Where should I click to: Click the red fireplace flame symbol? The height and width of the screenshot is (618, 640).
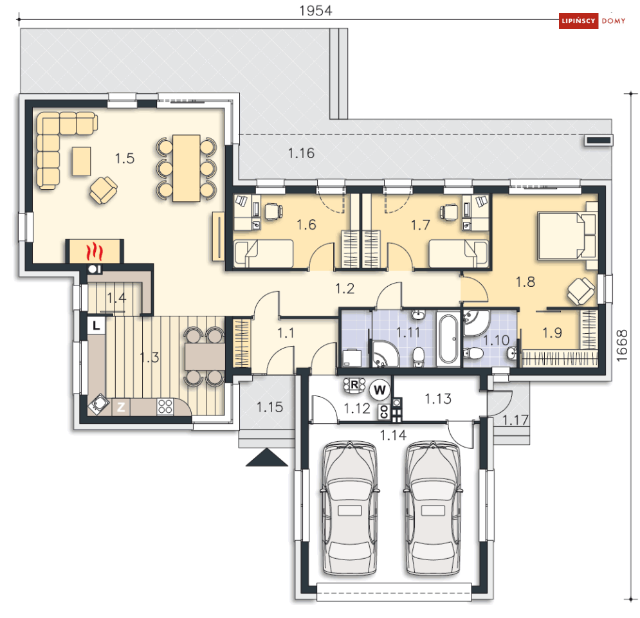(95, 251)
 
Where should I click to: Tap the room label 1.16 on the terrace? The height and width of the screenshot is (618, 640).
(301, 154)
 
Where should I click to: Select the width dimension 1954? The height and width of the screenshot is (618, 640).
(316, 11)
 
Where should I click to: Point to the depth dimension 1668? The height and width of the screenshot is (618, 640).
(621, 345)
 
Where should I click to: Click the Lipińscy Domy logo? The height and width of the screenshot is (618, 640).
(592, 21)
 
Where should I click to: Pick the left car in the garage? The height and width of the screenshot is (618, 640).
(350, 509)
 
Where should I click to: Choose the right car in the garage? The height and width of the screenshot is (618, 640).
(433, 509)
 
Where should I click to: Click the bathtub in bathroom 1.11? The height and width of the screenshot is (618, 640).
(448, 339)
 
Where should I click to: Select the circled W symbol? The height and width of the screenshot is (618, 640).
(379, 390)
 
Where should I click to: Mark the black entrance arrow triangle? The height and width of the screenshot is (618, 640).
(266, 457)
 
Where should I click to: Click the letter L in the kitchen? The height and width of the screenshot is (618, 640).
(96, 325)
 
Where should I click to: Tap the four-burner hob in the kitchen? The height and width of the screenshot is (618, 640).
(165, 406)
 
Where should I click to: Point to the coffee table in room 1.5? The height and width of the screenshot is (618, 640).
(82, 161)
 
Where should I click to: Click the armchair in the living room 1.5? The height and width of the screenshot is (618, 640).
(104, 190)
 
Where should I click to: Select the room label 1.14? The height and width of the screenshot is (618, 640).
(393, 435)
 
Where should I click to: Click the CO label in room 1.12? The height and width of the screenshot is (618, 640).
(383, 412)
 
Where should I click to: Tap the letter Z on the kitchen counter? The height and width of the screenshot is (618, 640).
(121, 407)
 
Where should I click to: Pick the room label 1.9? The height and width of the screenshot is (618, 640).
(552, 333)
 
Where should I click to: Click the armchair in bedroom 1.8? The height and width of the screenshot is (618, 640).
(581, 291)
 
